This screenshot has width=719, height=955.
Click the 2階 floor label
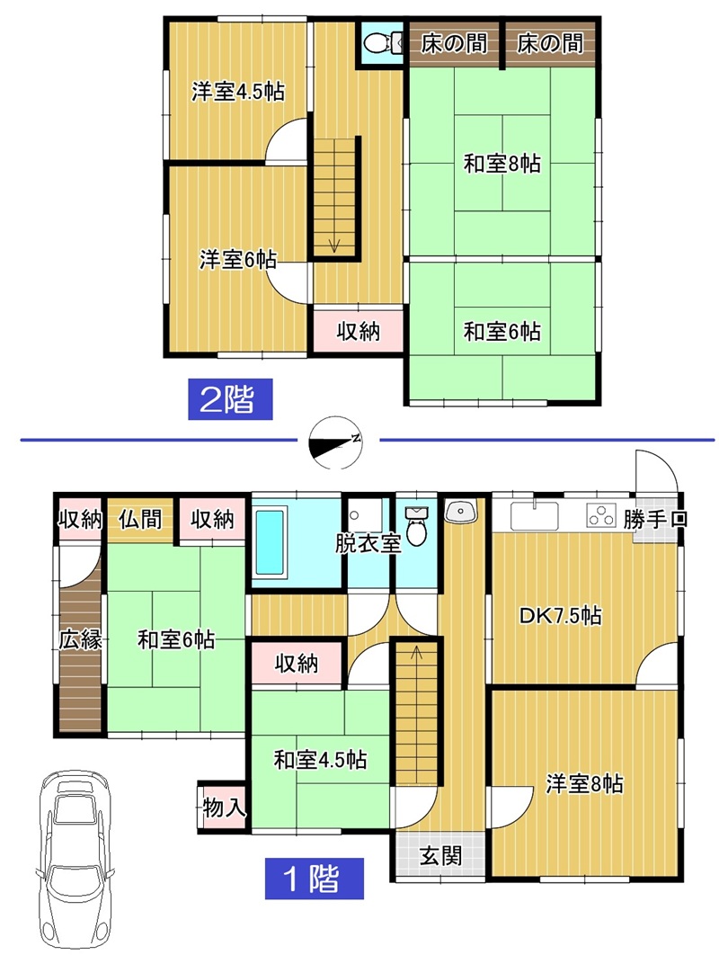click(229, 399)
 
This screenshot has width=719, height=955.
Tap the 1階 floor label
click(314, 878)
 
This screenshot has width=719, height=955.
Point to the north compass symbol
click(335, 442)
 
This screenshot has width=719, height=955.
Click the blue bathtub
click(270, 542)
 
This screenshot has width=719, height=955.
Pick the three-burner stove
click(601, 515)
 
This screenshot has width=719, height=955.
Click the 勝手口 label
click(655, 520)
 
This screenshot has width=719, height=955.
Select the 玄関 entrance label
click(440, 856)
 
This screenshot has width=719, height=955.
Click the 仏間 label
click(140, 520)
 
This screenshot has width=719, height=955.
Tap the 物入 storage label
click(224, 808)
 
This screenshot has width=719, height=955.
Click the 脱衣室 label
click(368, 542)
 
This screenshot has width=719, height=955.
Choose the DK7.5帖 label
click(560, 615)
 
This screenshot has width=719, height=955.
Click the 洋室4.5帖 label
click(238, 92)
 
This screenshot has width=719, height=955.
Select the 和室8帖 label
click(502, 164)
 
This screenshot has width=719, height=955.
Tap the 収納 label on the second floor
click(359, 331)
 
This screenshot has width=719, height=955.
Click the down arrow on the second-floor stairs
click(333, 245)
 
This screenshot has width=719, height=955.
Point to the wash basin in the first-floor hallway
click(462, 511)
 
